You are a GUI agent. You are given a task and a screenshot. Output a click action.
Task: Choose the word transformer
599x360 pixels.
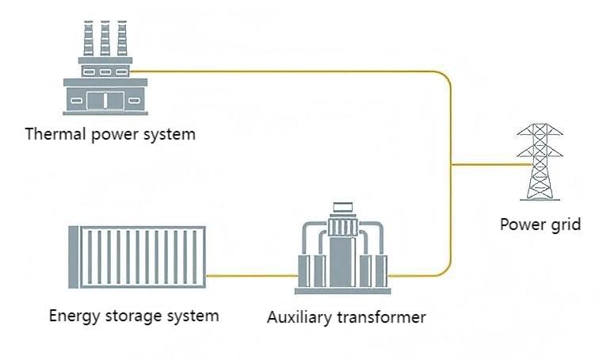coord(381,318)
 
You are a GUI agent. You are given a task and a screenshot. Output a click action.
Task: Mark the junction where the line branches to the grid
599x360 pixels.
coord(451,165)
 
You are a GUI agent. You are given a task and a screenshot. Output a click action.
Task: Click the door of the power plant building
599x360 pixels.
coord(101,100)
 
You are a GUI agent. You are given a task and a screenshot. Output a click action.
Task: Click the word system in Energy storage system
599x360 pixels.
coord(193,316)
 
